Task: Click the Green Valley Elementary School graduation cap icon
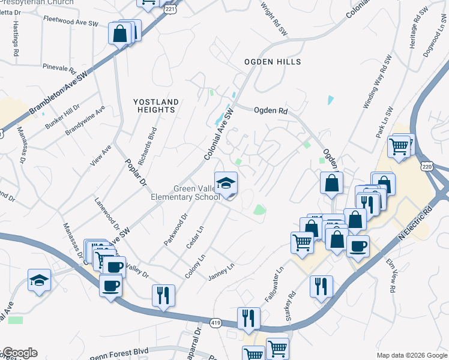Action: [x=226, y=183]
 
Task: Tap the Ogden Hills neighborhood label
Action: [x=273, y=62]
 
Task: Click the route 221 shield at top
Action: [x=170, y=10]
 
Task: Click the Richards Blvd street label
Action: [x=147, y=146]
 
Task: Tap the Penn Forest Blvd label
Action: [x=119, y=353]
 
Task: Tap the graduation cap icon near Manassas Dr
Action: [x=40, y=280]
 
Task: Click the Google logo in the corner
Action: [x=19, y=353]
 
